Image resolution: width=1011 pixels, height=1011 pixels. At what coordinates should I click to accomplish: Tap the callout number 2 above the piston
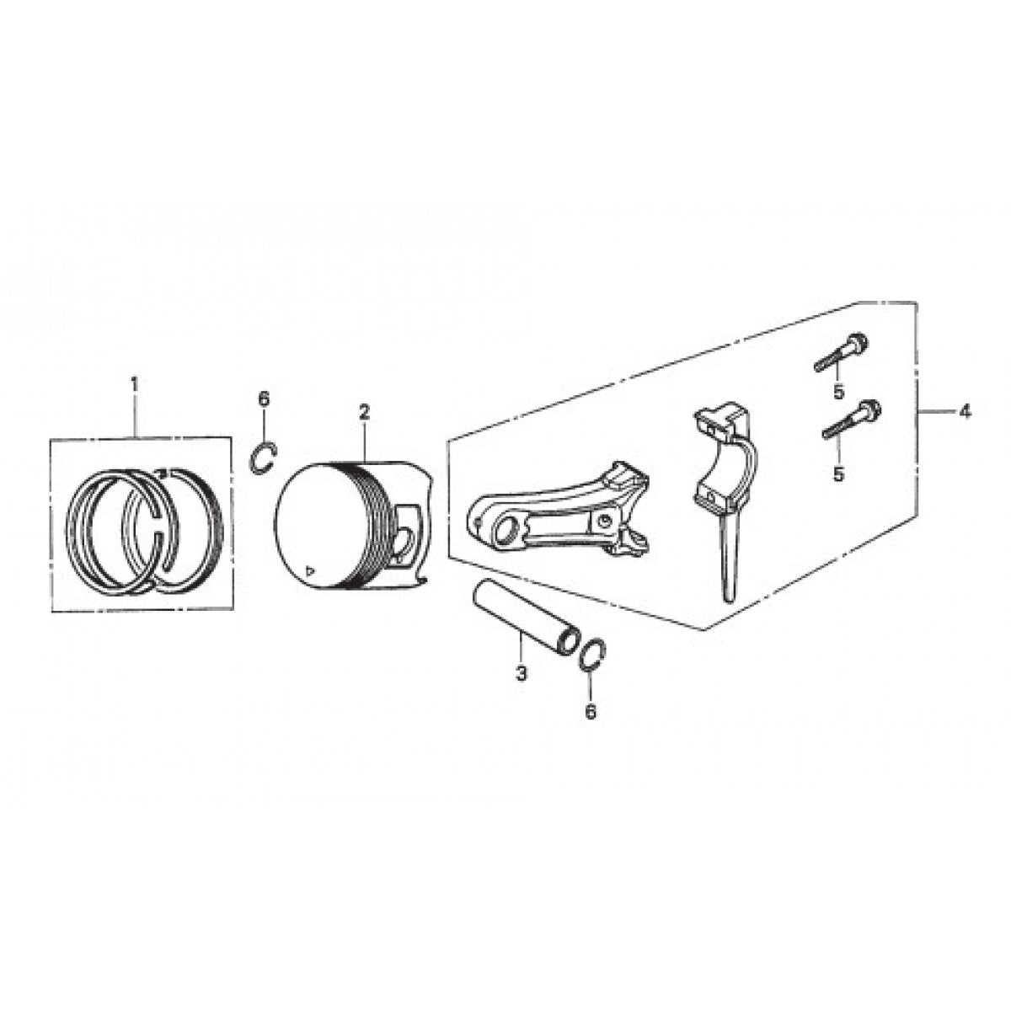364,412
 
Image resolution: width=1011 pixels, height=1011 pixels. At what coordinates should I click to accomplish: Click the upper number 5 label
838,391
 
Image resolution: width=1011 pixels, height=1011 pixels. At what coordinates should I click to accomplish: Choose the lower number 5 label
838,475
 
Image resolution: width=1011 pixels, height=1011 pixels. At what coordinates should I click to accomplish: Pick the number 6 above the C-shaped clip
264,399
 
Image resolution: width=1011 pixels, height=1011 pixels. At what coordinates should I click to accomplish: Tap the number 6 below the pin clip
590,712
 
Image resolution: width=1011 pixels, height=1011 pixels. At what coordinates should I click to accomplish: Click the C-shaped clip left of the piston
265,455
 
